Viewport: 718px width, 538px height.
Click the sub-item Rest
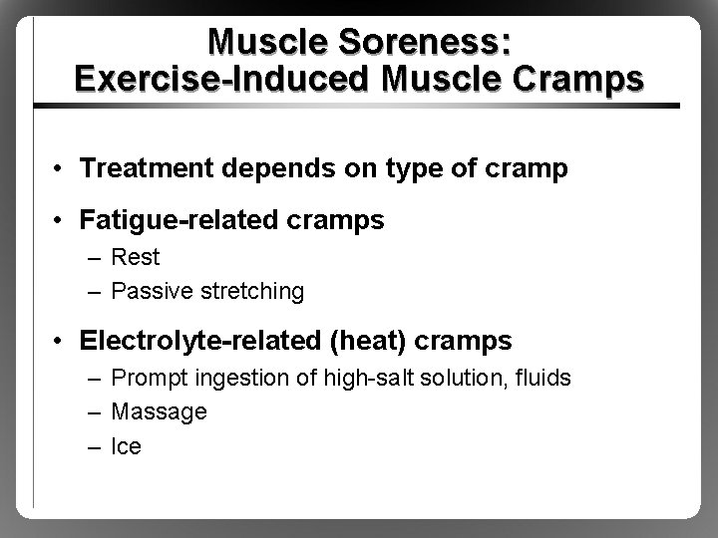click(135, 257)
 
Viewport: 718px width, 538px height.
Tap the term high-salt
click(353, 378)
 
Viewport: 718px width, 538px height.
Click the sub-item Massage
click(159, 411)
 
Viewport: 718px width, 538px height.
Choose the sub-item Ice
click(127, 445)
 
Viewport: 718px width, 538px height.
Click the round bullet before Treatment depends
click(61, 169)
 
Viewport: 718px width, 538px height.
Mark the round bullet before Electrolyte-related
click(61, 342)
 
